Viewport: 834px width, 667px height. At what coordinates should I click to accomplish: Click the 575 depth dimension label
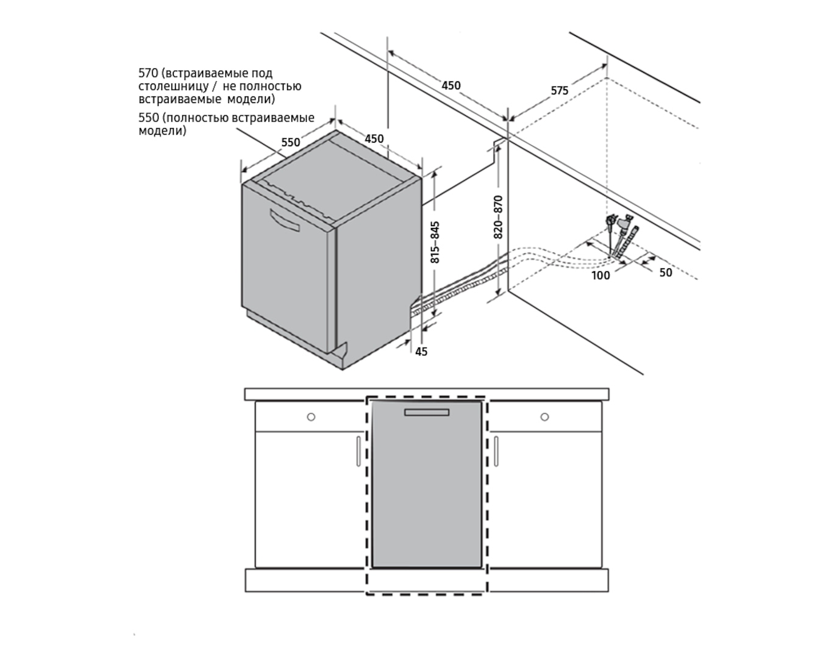559,91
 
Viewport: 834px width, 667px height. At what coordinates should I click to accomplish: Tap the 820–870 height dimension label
498,217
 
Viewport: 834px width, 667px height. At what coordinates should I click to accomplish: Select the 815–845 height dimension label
435,242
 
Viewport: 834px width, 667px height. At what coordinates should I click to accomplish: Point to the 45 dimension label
421,352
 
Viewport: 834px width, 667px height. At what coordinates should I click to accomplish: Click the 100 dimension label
601,276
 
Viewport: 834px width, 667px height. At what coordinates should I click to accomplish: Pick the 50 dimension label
666,273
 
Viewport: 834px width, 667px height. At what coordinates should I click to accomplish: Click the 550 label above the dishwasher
291,142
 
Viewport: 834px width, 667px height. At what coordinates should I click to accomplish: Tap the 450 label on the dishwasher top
374,139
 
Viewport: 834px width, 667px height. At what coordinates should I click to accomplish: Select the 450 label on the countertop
451,85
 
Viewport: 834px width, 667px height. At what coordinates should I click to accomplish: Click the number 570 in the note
148,73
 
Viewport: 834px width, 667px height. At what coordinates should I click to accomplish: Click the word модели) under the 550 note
162,131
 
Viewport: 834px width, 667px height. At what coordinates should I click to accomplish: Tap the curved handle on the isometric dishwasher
285,220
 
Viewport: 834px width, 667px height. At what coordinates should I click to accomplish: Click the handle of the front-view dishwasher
427,412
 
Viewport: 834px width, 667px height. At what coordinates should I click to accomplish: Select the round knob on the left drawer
311,417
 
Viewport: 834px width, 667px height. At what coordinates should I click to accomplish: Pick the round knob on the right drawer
544,417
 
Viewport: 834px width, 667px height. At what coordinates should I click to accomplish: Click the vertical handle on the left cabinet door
358,451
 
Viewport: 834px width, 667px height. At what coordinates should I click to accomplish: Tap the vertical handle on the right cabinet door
496,451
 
